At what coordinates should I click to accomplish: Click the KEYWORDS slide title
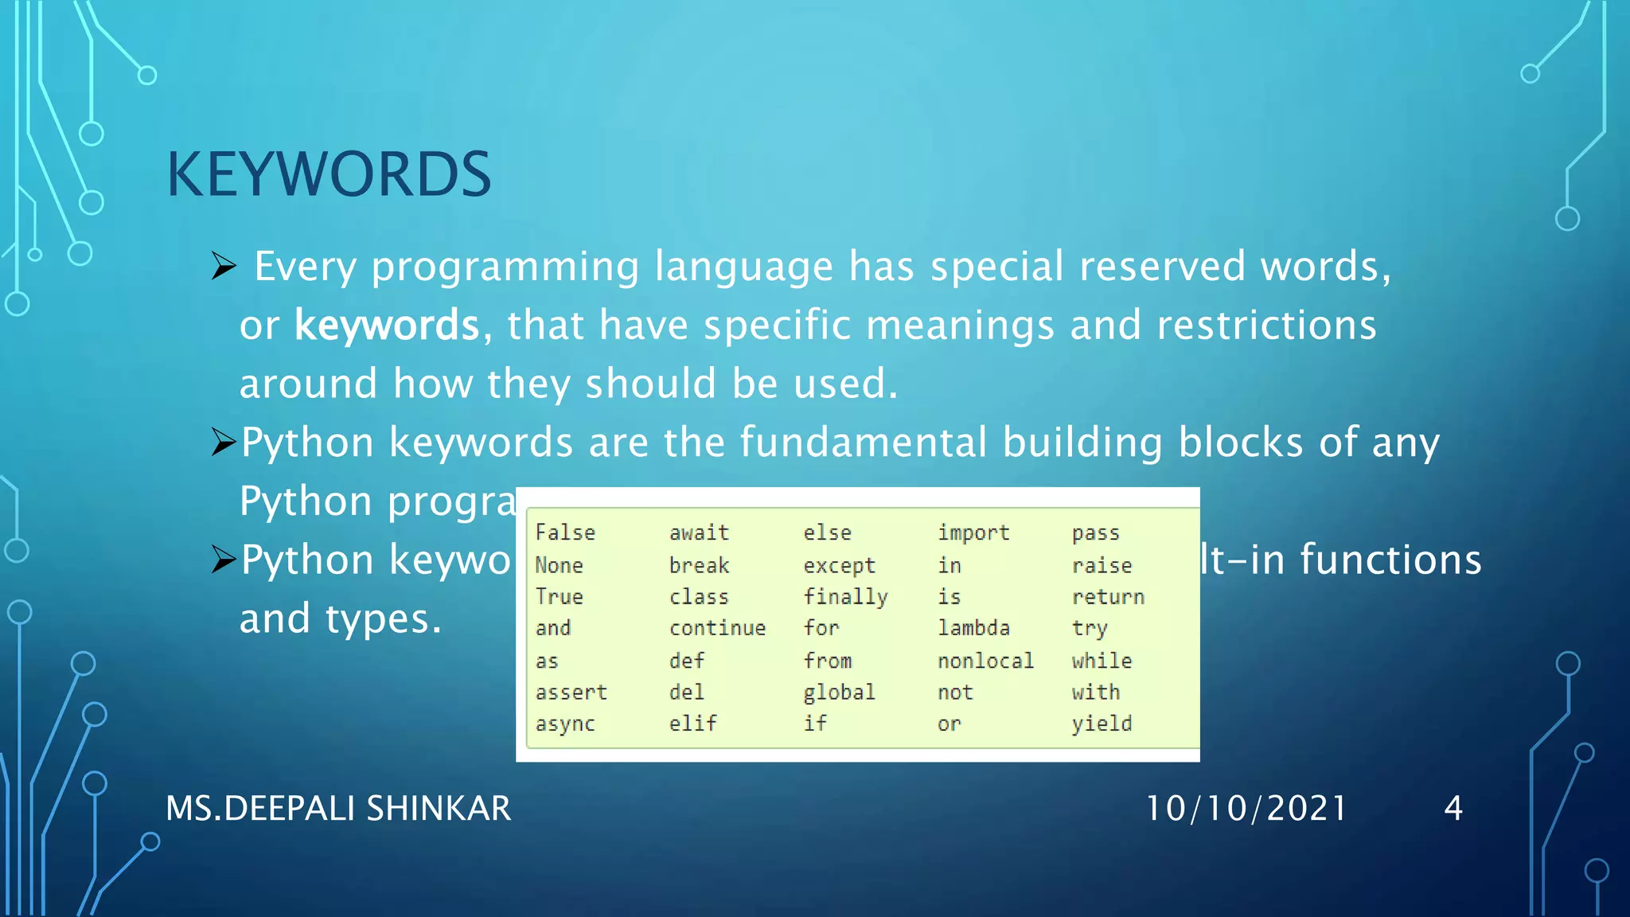click(329, 174)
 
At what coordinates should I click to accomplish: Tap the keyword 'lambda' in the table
click(973, 628)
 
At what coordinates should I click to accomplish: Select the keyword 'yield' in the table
click(1102, 724)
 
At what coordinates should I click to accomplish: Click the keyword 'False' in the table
click(565, 533)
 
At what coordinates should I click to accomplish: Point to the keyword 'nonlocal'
click(985, 661)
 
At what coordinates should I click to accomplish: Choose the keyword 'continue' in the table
click(717, 628)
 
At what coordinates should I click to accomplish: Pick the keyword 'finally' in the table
click(845, 597)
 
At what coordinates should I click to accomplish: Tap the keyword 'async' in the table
click(565, 724)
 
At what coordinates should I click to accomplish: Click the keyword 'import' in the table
click(973, 533)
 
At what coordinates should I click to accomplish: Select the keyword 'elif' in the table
click(692, 724)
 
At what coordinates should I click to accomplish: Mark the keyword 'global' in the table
click(839, 693)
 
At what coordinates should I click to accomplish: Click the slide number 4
click(1453, 809)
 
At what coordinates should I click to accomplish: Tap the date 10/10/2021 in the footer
click(1246, 809)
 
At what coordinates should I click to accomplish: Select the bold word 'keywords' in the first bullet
click(387, 326)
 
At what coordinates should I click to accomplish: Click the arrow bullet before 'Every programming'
click(224, 266)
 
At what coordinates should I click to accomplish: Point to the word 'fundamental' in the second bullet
click(864, 443)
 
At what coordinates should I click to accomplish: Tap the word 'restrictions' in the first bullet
click(1266, 326)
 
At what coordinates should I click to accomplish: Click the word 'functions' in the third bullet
click(1391, 560)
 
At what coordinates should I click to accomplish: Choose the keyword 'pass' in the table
click(1095, 533)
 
